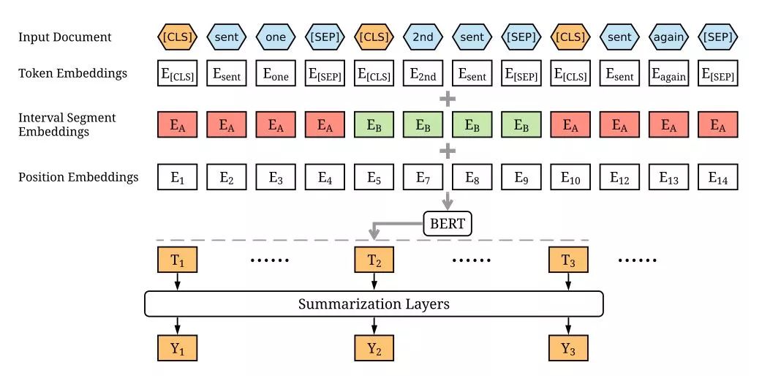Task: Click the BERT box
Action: pos(448,224)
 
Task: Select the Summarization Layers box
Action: pos(374,304)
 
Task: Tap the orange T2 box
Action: pos(374,260)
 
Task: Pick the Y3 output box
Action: pos(568,348)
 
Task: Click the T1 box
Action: pos(177,260)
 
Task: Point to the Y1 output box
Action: pos(177,348)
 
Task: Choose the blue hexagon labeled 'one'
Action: pos(276,37)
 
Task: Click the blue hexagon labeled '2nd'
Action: pos(423,37)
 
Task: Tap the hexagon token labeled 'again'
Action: pos(668,37)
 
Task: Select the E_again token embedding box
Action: pos(668,73)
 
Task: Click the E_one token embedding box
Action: pos(276,73)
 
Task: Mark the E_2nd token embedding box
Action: pos(423,73)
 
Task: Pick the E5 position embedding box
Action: pos(374,177)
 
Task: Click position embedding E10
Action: pos(570,177)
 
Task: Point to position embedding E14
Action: pos(717,177)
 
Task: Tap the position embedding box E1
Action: pos(177,177)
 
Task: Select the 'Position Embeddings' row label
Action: pos(78,177)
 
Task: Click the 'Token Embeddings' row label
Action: pos(72,74)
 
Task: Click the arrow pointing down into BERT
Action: pos(448,200)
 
